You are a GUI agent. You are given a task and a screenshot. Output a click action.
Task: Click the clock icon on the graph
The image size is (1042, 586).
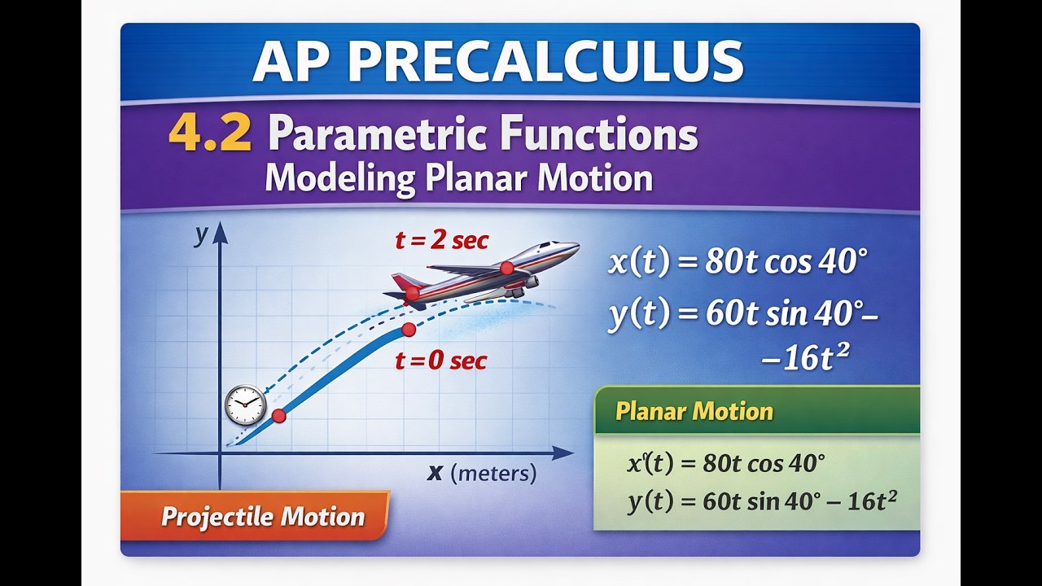coord(245,405)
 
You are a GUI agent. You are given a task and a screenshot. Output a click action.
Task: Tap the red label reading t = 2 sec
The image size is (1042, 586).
coord(441,240)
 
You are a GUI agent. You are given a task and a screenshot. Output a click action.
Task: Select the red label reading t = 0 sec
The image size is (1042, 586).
coord(441,361)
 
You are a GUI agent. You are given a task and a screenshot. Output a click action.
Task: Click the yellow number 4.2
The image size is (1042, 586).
coord(210,134)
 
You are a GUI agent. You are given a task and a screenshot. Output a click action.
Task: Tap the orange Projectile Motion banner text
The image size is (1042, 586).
coord(263,517)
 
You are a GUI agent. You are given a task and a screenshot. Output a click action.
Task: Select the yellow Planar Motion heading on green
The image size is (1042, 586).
coord(694,411)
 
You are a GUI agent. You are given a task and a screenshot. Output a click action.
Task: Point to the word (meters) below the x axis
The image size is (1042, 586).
coord(493,474)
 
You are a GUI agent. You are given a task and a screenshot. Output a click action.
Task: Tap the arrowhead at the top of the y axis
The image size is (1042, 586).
coord(221,232)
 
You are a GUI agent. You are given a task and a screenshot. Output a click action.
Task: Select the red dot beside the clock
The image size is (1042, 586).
coord(278,416)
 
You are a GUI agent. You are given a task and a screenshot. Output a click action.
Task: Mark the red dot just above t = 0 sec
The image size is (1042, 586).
coord(409,330)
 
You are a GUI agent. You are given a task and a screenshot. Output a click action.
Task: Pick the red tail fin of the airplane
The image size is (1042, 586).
coord(403,282)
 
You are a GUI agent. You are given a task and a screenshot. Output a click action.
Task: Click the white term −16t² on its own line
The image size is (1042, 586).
coord(806,358)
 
